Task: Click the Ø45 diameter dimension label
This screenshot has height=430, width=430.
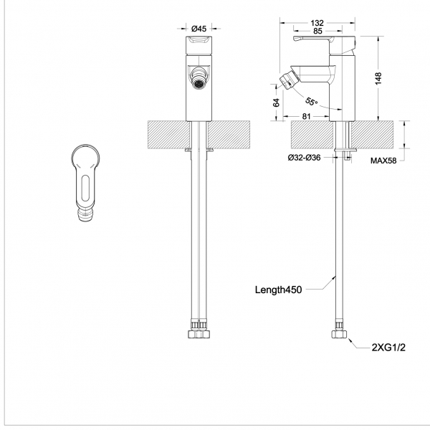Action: pyautogui.click(x=199, y=28)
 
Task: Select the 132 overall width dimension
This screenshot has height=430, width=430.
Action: pyautogui.click(x=317, y=22)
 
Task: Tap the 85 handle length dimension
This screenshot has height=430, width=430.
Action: pyautogui.click(x=317, y=31)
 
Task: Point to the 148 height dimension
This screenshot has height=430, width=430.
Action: pyautogui.click(x=378, y=78)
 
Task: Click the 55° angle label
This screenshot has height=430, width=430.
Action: pyautogui.click(x=311, y=102)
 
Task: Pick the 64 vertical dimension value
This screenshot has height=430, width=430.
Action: pyautogui.click(x=276, y=102)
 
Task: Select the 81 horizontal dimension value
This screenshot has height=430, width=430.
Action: pyautogui.click(x=306, y=117)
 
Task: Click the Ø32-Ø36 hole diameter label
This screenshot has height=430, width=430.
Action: pyautogui.click(x=304, y=158)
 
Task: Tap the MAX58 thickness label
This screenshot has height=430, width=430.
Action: pyautogui.click(x=383, y=161)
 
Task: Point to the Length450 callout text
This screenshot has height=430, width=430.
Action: pyautogui.click(x=278, y=290)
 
